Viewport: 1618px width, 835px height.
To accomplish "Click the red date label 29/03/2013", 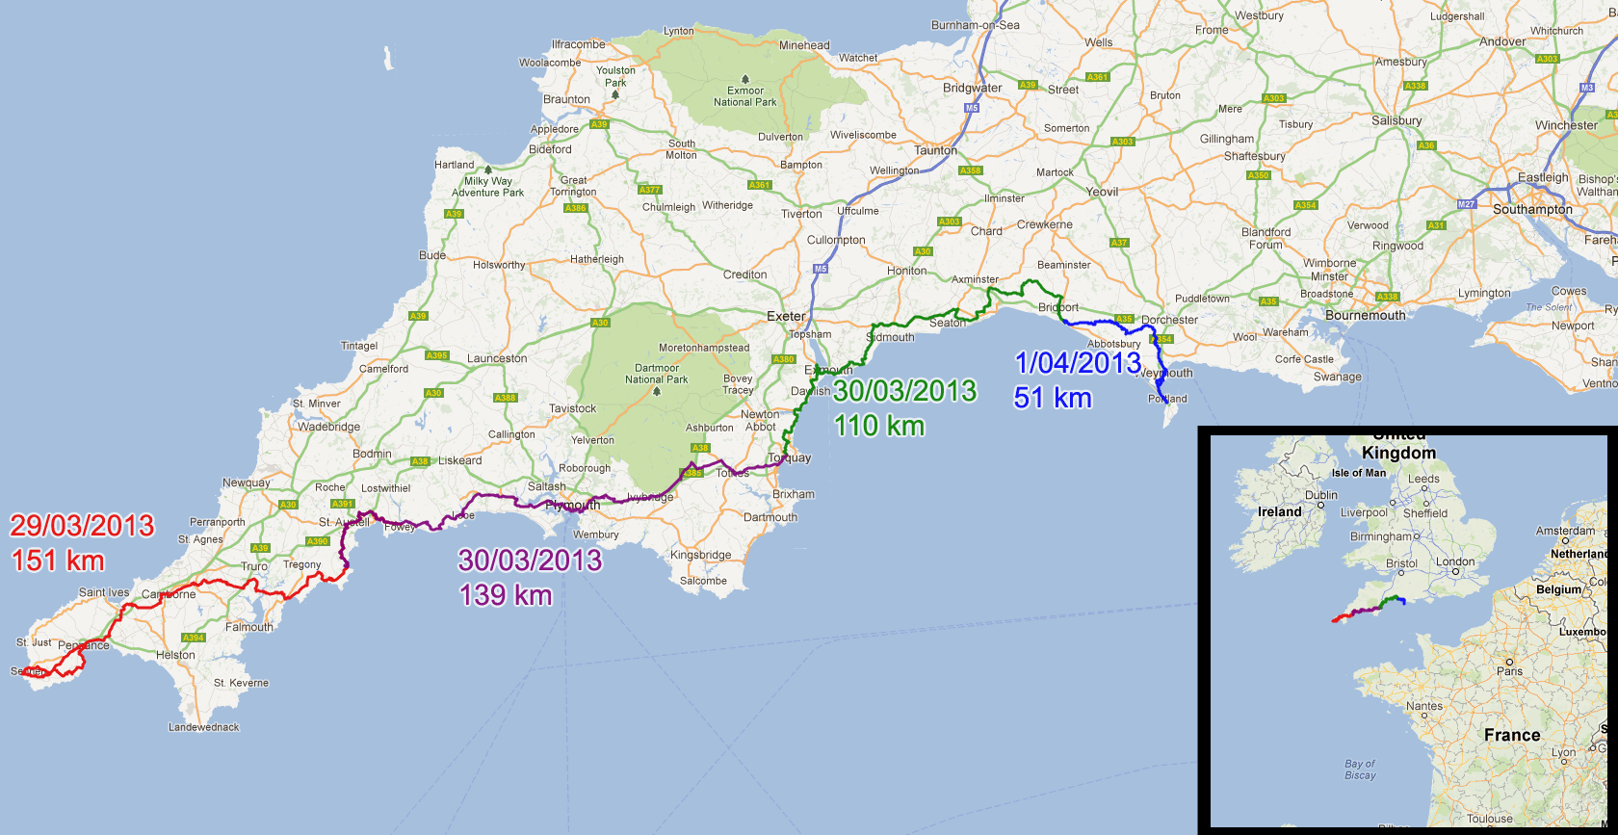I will (82, 526).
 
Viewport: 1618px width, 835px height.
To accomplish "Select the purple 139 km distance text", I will (506, 595).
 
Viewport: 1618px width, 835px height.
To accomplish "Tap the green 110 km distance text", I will (878, 426).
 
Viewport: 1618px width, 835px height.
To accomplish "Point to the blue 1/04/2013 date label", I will (1078, 363).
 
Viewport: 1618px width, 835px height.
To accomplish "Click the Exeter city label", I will (786, 316).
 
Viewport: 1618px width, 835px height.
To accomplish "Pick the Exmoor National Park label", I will (744, 96).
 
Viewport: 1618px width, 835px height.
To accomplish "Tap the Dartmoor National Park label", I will (657, 374).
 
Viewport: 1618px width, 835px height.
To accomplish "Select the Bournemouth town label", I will (1365, 315).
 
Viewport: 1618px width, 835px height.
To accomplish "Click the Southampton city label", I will (1532, 209).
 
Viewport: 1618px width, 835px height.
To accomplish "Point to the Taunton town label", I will (935, 150).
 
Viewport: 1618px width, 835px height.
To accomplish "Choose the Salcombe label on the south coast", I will (703, 581).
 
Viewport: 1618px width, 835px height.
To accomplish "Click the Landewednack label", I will (204, 727).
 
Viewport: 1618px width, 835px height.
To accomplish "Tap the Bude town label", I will (432, 255).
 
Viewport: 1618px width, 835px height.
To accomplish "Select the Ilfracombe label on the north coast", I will (578, 44).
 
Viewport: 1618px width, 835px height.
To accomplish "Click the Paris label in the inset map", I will (1510, 671).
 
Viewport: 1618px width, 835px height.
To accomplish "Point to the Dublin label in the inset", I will (1321, 495).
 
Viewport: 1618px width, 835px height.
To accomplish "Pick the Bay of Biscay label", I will (1360, 770).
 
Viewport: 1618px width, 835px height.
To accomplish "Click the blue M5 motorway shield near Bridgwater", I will (972, 108).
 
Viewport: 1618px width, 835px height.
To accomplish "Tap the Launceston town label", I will (497, 358).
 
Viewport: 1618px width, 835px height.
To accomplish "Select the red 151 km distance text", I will (58, 561).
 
